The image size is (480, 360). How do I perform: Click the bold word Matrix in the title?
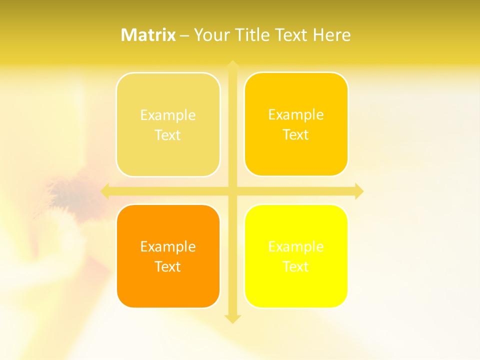(x=148, y=35)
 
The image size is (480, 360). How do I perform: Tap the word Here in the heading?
(x=331, y=35)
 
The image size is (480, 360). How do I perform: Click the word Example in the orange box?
(x=168, y=246)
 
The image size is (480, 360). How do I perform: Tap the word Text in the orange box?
(x=168, y=266)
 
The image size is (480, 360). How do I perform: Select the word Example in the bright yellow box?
(x=296, y=246)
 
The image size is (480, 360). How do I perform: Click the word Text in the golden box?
(x=296, y=134)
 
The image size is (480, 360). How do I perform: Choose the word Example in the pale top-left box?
(x=168, y=115)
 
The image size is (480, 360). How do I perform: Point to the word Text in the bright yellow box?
(x=296, y=266)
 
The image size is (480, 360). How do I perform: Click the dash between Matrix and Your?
(x=184, y=35)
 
